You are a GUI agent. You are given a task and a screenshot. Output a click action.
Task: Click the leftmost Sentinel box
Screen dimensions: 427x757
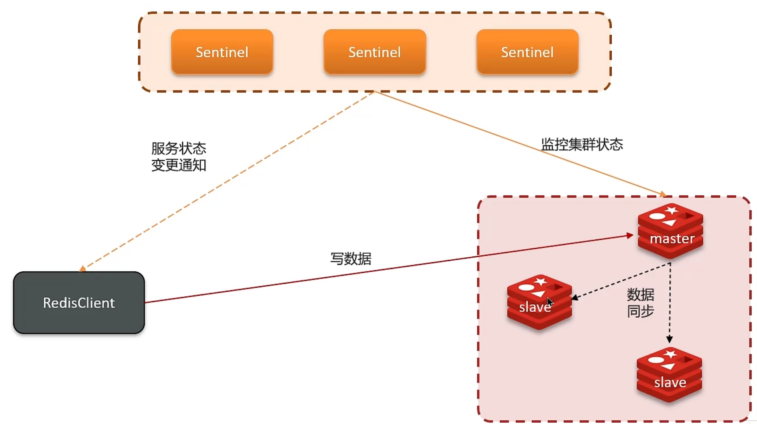tap(222, 52)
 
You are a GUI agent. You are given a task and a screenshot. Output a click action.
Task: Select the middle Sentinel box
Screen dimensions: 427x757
tap(375, 52)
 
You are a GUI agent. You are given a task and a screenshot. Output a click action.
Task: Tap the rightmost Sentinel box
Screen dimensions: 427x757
tap(527, 52)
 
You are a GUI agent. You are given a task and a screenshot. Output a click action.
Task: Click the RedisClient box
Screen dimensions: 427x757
tap(79, 303)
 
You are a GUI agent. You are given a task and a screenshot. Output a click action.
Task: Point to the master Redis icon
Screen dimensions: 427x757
tap(670, 231)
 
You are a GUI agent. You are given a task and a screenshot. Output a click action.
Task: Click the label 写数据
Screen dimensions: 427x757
tap(351, 259)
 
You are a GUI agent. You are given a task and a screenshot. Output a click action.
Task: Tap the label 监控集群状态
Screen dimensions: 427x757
tap(582, 144)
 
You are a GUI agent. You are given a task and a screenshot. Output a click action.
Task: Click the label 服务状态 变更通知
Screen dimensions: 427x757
tap(179, 157)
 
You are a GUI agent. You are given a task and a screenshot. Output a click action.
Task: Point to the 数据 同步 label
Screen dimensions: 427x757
tap(640, 303)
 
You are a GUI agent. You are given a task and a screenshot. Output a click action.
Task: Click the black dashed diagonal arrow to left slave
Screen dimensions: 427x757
tap(621, 280)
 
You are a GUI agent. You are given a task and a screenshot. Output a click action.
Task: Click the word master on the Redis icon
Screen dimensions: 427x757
tap(672, 239)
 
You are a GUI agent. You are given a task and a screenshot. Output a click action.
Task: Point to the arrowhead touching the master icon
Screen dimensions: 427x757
tap(630, 236)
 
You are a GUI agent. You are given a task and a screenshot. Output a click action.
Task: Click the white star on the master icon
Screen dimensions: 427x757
tap(671, 210)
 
